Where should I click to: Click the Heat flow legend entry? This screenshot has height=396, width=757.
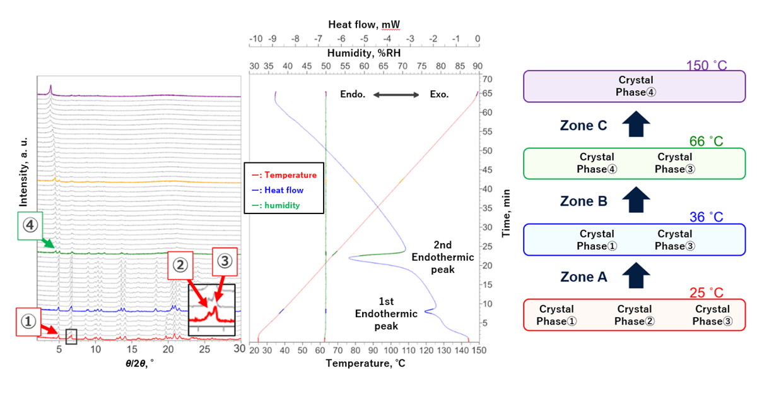coord(278,190)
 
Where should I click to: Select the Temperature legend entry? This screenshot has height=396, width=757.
coord(285,175)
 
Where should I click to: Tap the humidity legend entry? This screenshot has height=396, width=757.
coord(276,205)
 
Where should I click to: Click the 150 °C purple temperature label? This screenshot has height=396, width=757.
coord(707,65)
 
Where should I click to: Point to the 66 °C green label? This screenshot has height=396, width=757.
coord(707,141)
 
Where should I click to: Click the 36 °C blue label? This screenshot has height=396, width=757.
coord(707,217)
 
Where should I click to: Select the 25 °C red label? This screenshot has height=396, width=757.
coord(707,293)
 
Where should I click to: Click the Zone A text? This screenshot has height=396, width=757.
coord(584,277)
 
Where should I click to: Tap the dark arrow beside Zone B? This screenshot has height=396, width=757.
coord(637,200)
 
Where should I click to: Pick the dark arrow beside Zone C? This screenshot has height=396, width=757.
coord(637,124)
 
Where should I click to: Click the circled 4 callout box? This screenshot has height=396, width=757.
coord(30,225)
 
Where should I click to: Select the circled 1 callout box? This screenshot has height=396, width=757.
coord(28,322)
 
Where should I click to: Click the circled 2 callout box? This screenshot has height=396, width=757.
coord(180,265)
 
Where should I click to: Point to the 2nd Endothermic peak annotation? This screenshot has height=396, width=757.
coord(443,257)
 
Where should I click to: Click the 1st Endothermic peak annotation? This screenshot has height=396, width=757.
coord(386,314)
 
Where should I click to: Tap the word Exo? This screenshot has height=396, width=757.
coord(439,95)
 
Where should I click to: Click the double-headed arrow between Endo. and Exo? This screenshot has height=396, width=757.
coord(396,95)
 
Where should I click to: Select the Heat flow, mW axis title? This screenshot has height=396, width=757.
coord(364,25)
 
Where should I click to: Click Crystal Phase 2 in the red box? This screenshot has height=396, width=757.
coord(635,315)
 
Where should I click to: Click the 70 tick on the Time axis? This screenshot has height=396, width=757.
coord(487,79)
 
